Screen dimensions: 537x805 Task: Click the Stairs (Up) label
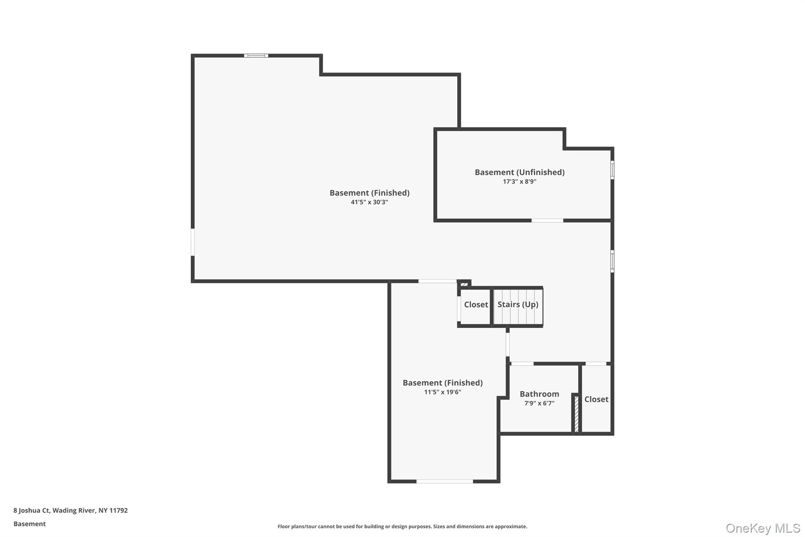pos(518,304)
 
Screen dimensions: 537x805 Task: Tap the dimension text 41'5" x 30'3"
pos(369,202)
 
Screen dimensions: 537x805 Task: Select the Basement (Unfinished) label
pos(519,172)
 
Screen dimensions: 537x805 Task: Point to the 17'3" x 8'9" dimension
pos(519,182)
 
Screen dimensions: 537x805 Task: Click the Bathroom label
pos(539,394)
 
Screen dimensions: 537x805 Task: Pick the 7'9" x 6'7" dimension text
pos(539,403)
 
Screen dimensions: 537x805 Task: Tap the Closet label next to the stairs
pos(476,304)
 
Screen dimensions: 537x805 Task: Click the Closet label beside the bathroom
pos(596,399)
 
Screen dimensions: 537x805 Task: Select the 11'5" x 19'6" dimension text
pos(442,392)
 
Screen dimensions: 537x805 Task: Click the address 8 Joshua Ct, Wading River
pos(70,511)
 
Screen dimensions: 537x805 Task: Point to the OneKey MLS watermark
pos(763,528)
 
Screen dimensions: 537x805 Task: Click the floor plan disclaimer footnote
pos(402,526)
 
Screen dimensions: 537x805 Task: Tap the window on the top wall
pos(256,56)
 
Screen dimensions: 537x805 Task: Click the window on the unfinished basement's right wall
pos(612,170)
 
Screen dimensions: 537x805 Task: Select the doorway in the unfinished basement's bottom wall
pos(547,220)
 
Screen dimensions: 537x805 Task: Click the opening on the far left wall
pos(193,242)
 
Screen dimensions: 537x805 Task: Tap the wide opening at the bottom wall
pos(444,481)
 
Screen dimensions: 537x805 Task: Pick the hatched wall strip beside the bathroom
pos(576,414)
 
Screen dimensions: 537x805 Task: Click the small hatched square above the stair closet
pos(464,284)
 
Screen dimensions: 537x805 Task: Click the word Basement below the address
pos(29,524)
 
